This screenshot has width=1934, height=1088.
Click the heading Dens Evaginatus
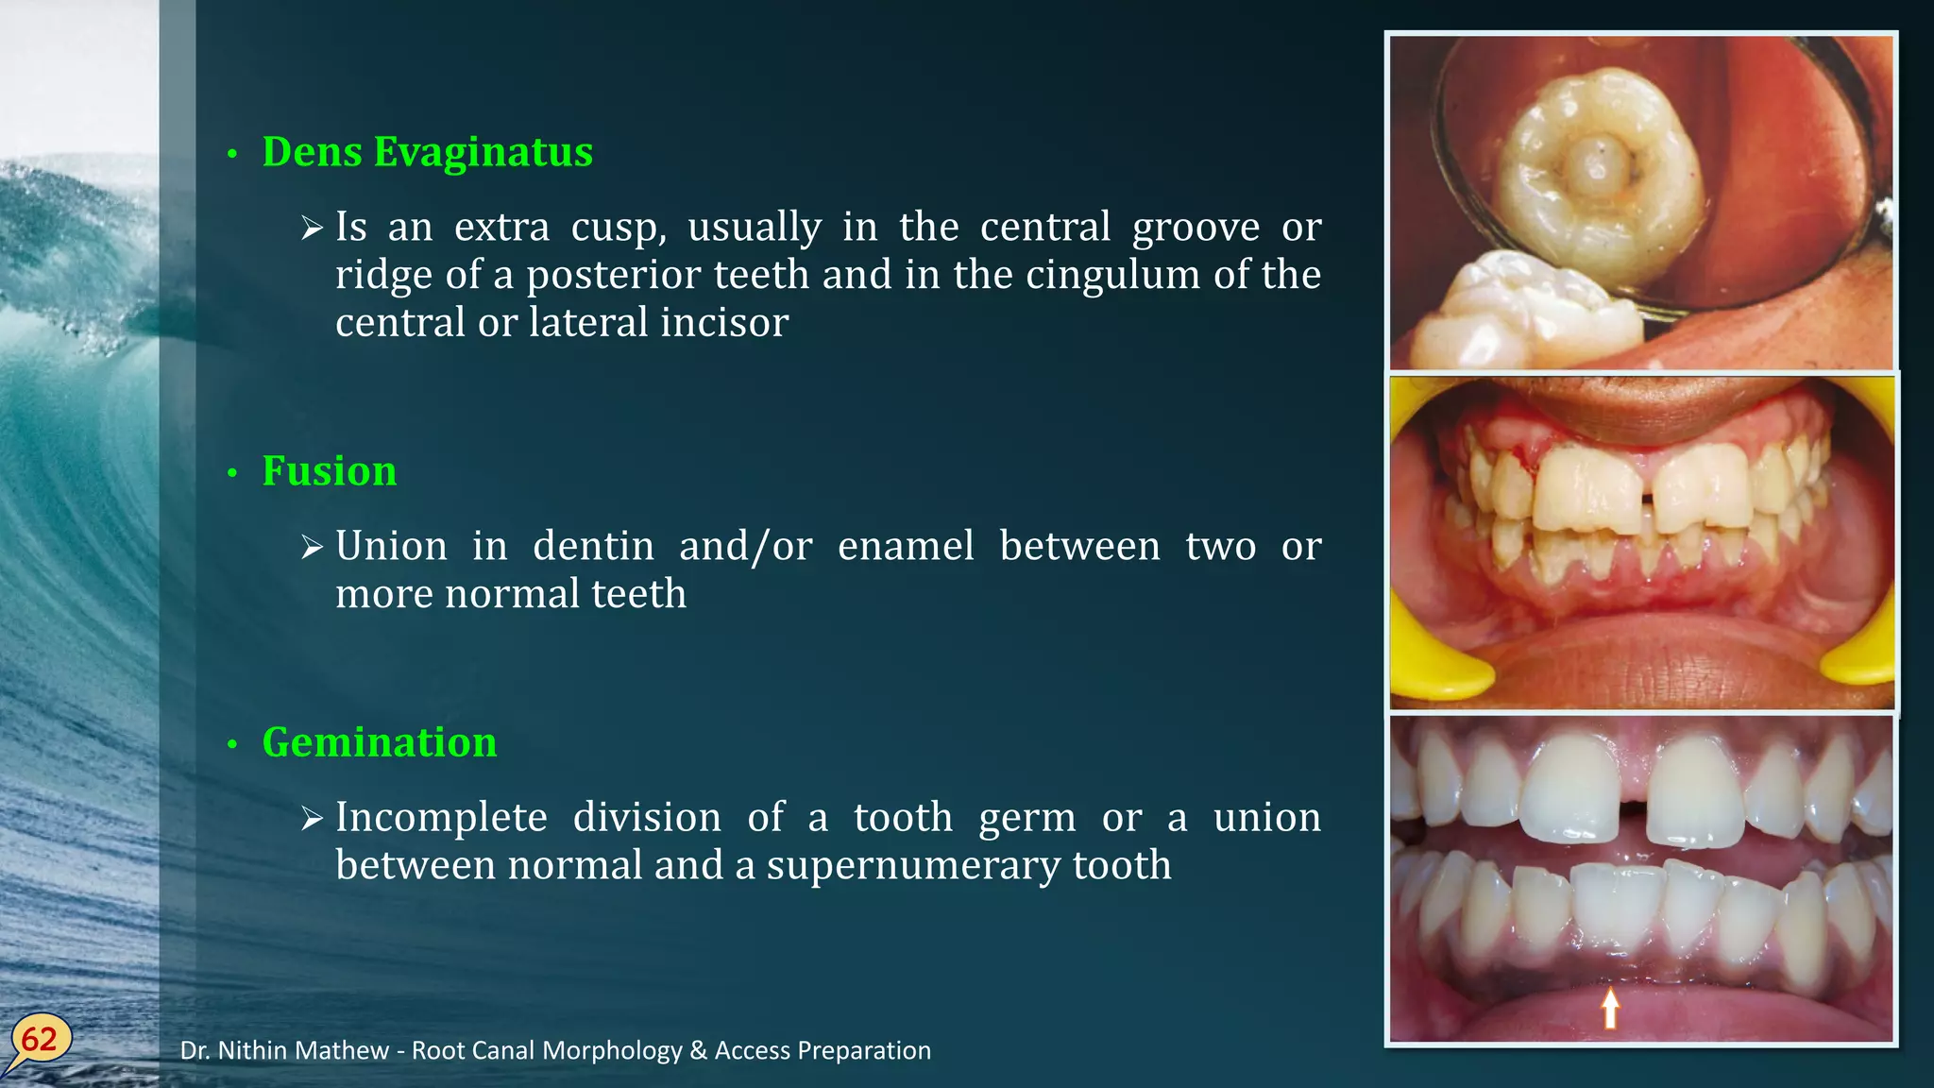coord(427,152)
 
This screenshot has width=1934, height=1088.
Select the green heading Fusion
coord(329,470)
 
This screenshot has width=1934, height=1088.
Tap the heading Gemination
coord(379,742)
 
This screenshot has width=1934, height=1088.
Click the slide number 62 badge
coord(40,1040)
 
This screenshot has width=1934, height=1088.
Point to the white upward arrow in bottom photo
coord(1610,1008)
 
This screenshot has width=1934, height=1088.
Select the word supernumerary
coord(913,866)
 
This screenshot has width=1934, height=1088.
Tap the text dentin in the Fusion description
coord(593,546)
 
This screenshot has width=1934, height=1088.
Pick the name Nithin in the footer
coord(255,1050)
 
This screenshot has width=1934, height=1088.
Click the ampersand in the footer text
coord(698,1050)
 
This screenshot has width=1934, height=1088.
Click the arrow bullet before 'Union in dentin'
coord(313,547)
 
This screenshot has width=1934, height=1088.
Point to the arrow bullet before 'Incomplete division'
coord(313,818)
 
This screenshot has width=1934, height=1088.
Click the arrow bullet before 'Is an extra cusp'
coord(313,228)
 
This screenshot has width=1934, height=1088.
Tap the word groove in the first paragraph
coord(1196,228)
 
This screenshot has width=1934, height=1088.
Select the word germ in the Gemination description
coord(1026,818)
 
